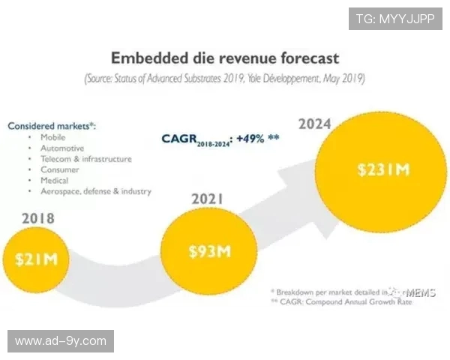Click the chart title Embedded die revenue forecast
[x=225, y=58]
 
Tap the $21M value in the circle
[x=35, y=259]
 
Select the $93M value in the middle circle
[x=209, y=250]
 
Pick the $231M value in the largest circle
[x=382, y=169]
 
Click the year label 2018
[x=37, y=218]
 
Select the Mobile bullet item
[x=52, y=138]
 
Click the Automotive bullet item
[x=62, y=148]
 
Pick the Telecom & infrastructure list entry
[x=85, y=159]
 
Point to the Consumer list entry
[x=59, y=169]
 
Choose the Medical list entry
[x=55, y=180]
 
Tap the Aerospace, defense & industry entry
[x=95, y=191]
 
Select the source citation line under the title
[x=225, y=77]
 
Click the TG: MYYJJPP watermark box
[x=395, y=19]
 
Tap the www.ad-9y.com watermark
[x=61, y=341]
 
